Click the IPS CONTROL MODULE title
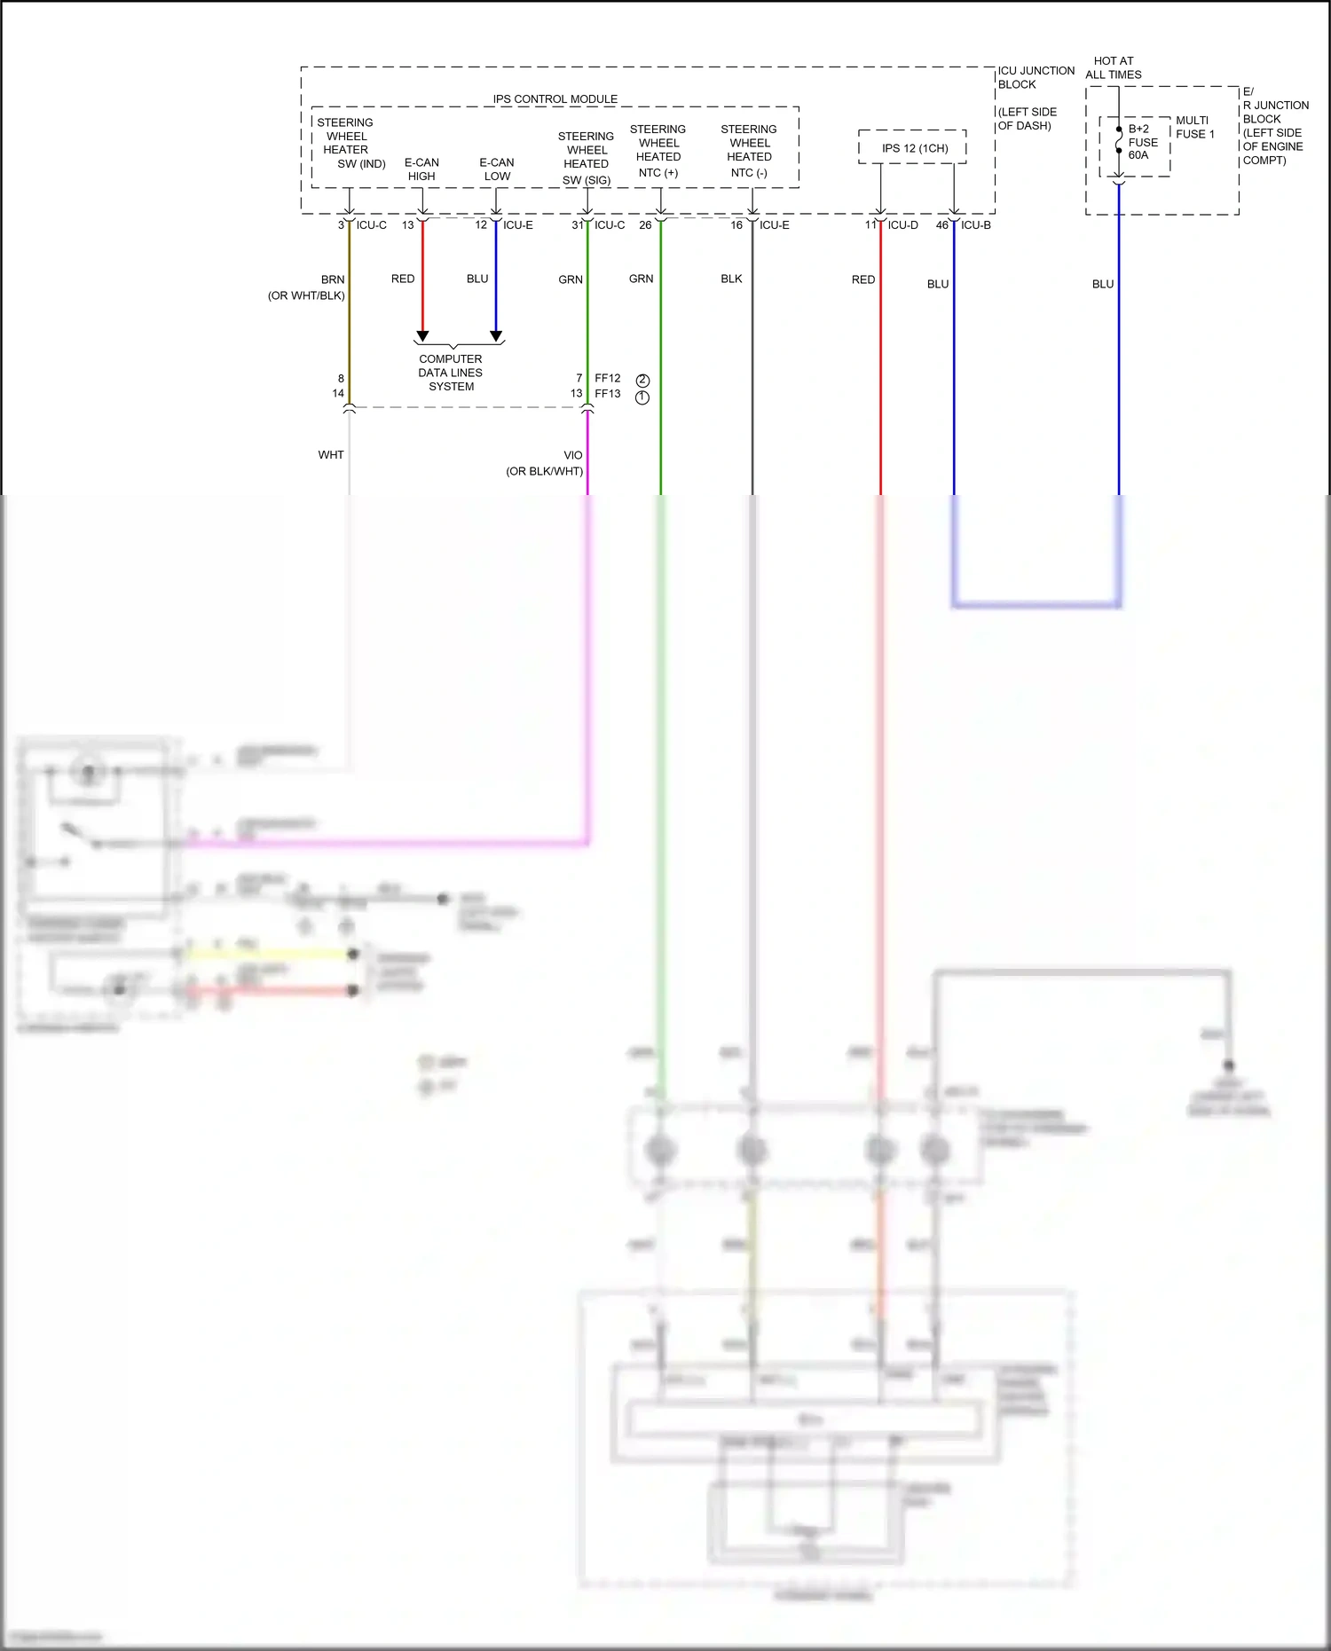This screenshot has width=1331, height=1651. tap(555, 99)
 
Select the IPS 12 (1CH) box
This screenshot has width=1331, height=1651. tap(914, 148)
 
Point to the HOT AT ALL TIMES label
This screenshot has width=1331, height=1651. tap(1113, 68)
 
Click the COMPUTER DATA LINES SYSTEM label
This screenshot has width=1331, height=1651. tap(451, 373)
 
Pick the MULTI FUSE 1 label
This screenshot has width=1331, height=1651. tap(1194, 127)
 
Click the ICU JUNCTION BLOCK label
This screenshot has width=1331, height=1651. tap(1036, 77)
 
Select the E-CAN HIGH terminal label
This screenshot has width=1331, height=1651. tap(421, 169)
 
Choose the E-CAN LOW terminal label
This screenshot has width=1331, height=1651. tap(497, 169)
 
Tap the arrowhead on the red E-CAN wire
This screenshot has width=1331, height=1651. tap(422, 336)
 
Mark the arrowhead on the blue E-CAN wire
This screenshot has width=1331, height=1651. tap(496, 336)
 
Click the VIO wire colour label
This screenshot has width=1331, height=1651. tap(573, 455)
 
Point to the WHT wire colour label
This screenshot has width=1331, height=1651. tap(331, 455)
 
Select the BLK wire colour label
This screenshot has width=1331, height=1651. tap(731, 279)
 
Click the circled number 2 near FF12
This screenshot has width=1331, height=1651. tap(642, 381)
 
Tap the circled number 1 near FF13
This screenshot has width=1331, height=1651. tap(642, 397)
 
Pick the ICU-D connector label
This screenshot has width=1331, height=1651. tap(903, 225)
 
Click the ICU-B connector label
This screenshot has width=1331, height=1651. tap(976, 225)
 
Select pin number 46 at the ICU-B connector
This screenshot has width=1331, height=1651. tap(941, 225)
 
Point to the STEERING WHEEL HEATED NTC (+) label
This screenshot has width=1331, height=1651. tap(658, 151)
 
